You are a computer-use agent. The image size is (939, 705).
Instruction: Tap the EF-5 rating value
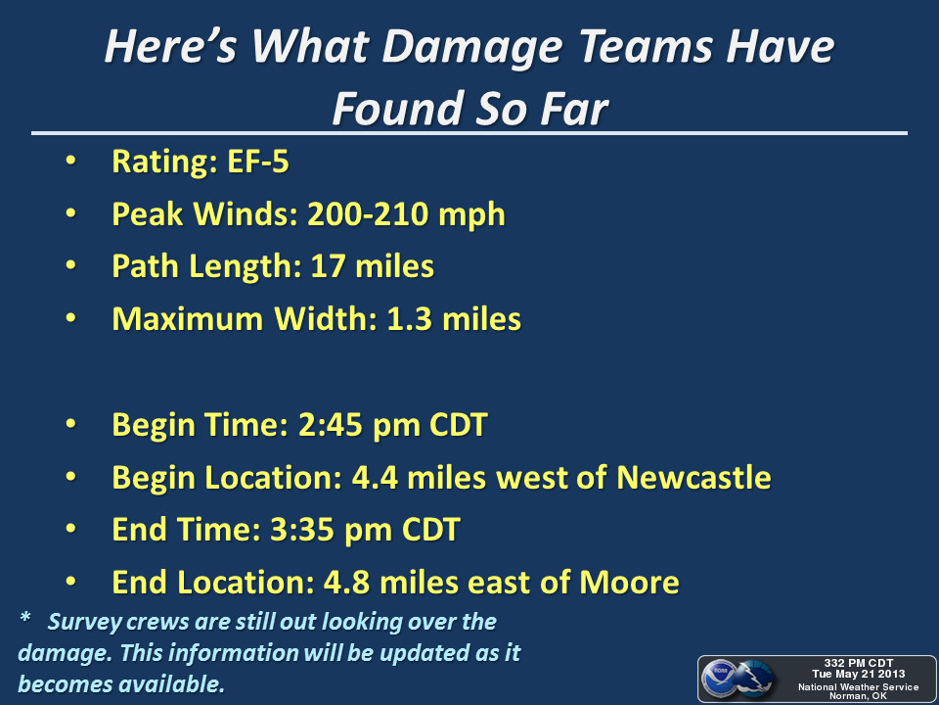(x=257, y=162)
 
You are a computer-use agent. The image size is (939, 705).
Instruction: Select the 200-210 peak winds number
(x=368, y=214)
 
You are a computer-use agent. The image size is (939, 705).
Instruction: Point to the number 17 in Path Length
(x=328, y=266)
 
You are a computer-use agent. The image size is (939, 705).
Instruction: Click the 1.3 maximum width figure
(x=410, y=319)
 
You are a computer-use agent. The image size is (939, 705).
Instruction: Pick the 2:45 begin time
(x=330, y=425)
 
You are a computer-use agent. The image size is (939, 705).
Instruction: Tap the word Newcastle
(x=693, y=477)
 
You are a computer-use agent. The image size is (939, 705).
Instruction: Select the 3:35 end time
(x=302, y=530)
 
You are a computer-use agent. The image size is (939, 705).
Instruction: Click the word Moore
(x=629, y=582)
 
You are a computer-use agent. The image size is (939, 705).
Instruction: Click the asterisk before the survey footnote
(x=25, y=618)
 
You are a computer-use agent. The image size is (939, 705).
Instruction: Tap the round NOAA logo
(x=719, y=678)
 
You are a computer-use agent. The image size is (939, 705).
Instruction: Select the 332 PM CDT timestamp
(x=858, y=663)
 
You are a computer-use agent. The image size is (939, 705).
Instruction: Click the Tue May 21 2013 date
(x=858, y=674)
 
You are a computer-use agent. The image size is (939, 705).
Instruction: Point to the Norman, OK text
(x=858, y=696)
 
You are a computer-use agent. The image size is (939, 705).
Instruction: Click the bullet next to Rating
(x=70, y=162)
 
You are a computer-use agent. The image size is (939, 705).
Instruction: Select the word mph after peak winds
(x=471, y=215)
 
